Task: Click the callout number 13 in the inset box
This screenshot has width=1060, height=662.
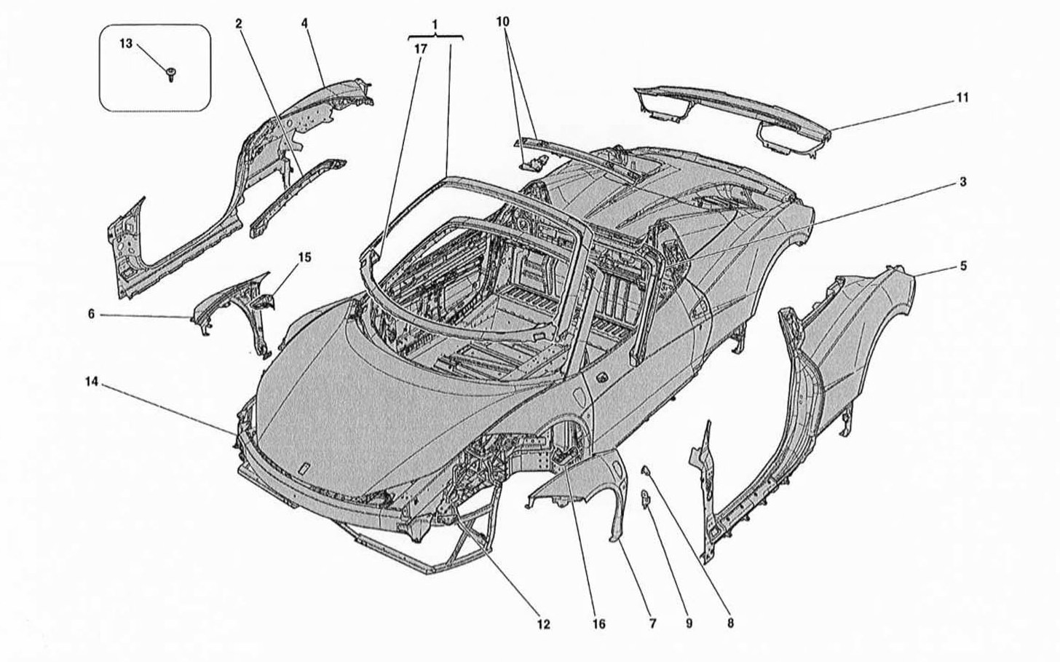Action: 126,44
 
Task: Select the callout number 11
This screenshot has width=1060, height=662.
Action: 962,98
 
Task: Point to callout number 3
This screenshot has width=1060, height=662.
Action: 963,182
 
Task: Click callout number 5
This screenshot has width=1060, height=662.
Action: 963,266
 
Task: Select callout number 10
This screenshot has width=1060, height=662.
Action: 502,22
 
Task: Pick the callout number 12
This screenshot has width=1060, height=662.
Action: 544,625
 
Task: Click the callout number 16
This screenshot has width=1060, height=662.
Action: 598,624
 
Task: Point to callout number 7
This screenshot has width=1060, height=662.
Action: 652,623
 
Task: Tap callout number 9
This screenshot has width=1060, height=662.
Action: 689,623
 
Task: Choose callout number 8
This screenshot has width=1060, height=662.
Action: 730,623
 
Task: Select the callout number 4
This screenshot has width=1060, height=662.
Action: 304,23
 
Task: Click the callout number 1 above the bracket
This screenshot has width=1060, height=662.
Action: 435,24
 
